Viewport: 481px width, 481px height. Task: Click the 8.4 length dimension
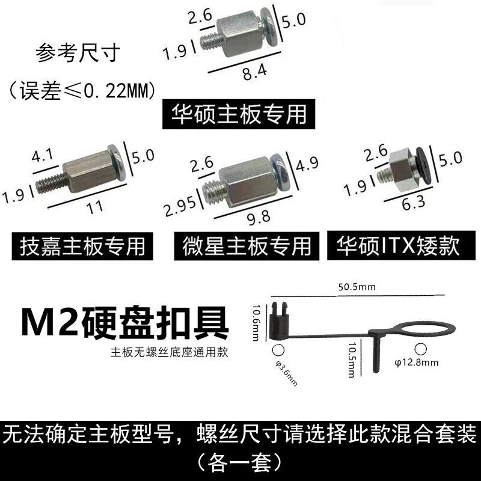click(254, 72)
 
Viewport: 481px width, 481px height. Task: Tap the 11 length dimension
click(95, 207)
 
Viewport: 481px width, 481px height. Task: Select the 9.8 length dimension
click(259, 217)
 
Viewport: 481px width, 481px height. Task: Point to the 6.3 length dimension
click(414, 203)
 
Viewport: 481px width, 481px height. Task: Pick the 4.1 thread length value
click(42, 155)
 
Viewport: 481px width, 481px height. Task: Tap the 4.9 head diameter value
click(307, 164)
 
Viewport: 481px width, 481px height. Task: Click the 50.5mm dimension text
click(357, 287)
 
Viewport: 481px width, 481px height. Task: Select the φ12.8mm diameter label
click(416, 363)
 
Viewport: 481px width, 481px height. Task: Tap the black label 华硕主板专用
click(239, 114)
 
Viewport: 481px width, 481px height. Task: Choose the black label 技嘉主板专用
click(82, 246)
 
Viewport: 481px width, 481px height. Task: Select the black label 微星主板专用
click(247, 246)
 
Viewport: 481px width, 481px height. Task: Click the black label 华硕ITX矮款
click(401, 245)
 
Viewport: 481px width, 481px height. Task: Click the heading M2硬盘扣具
click(125, 322)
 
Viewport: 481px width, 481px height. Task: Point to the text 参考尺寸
click(78, 53)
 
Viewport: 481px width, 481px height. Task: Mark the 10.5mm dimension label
click(352, 360)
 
